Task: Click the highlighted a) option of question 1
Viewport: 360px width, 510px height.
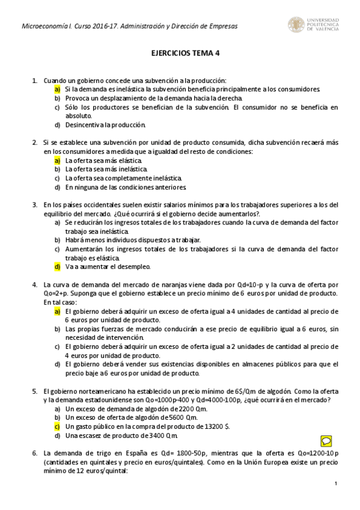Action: coord(57,89)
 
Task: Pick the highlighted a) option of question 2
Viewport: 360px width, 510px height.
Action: coord(57,161)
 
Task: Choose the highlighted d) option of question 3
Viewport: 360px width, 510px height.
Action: coord(57,266)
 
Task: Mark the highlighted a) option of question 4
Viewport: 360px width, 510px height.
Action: coord(57,312)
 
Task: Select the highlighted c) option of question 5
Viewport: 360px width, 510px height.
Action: coord(57,425)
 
